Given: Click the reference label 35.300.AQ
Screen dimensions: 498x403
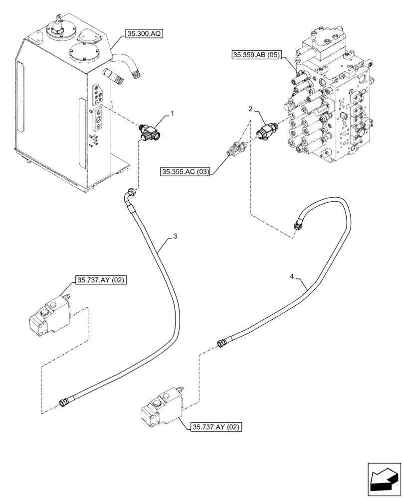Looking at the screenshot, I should [x=145, y=34].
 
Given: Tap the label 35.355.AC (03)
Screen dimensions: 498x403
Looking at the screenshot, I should [x=185, y=172].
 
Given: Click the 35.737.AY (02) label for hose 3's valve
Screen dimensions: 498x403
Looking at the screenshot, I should [x=100, y=280].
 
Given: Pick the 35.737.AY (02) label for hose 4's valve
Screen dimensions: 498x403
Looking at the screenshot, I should [x=215, y=427].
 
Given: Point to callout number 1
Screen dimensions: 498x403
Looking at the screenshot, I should [x=172, y=114].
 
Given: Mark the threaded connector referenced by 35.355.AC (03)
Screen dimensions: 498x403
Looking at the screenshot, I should [x=234, y=148].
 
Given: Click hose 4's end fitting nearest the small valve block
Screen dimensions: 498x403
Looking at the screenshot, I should [x=223, y=343].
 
